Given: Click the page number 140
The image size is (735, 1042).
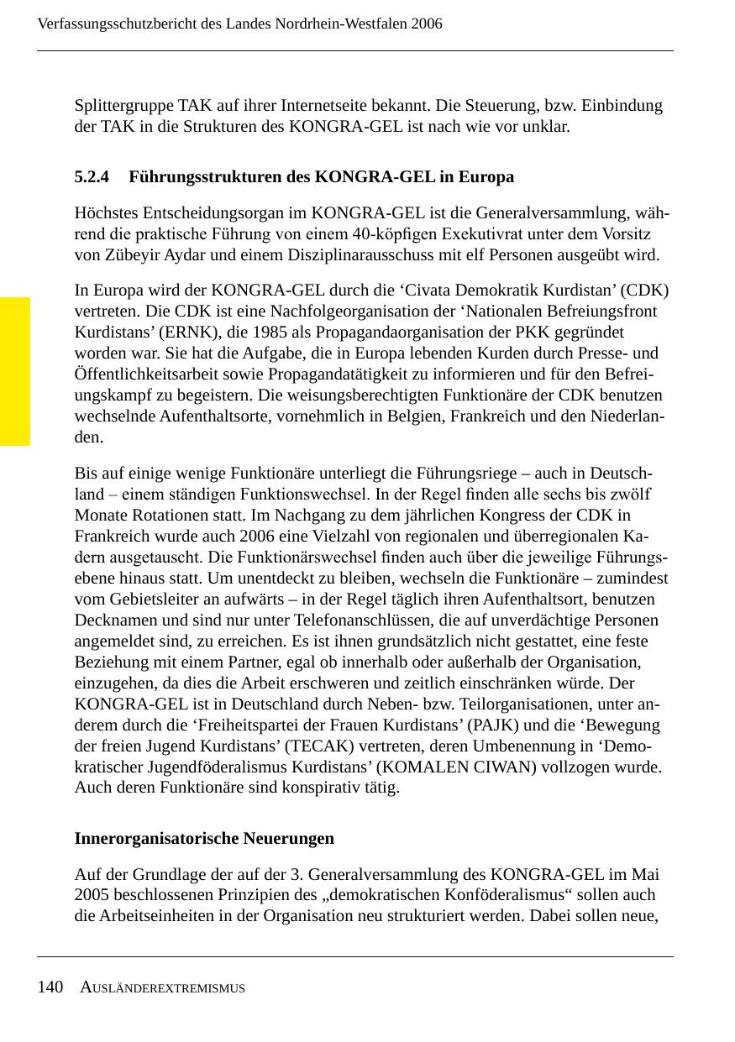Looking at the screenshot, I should click(x=50, y=987).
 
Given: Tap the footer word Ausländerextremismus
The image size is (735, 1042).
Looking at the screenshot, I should click(x=163, y=988).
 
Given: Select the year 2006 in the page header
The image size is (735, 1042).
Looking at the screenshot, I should click(x=427, y=24).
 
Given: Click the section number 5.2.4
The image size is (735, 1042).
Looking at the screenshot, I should click(x=92, y=177).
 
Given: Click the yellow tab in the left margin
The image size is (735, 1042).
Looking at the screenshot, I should click(x=15, y=370).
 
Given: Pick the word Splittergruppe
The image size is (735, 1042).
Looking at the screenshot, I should click(x=124, y=107).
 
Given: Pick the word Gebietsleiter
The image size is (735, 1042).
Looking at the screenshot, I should click(x=155, y=600).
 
